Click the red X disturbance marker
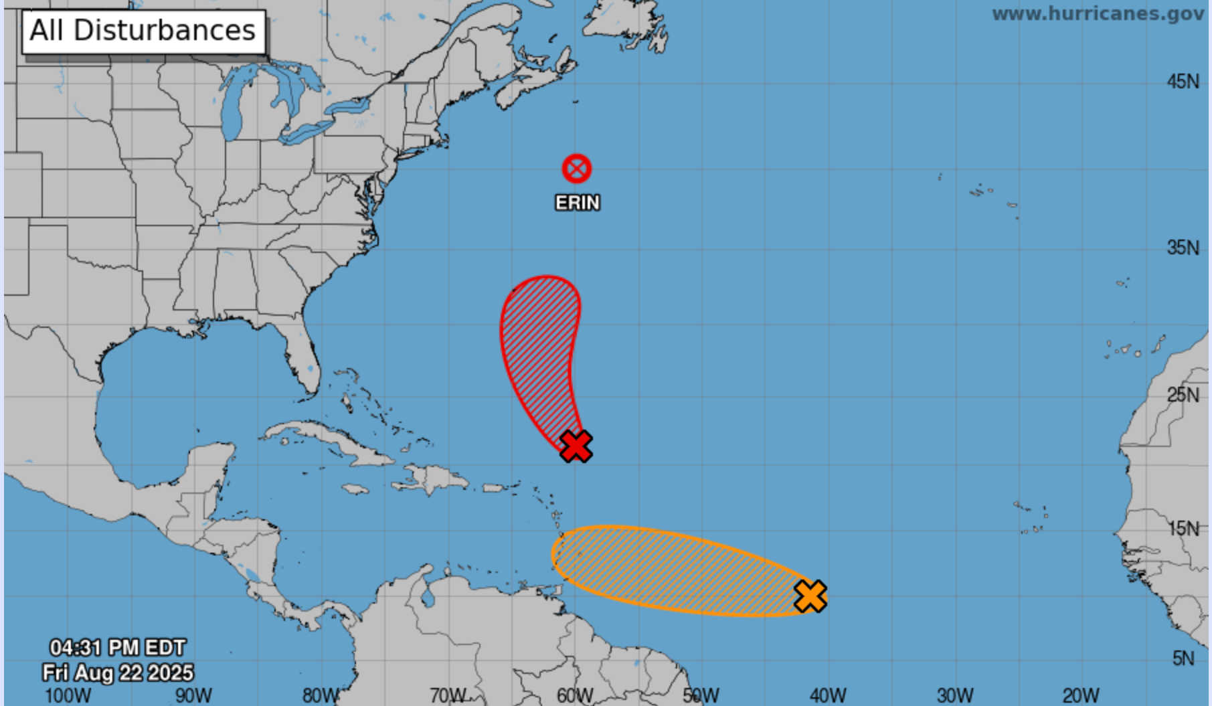coord(576,446)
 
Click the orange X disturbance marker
coord(810,596)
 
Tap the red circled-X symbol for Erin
coord(576,169)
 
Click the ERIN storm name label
coord(578,203)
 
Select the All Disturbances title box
coord(144,31)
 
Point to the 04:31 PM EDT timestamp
coord(118,648)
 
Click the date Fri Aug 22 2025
coord(118,672)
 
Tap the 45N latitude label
coord(1183,82)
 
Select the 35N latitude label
coord(1183,248)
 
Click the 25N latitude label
coord(1183,395)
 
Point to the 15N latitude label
coord(1183,529)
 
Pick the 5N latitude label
coord(1183,658)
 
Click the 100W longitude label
coord(67,695)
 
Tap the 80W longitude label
coord(321,695)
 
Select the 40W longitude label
coord(828,695)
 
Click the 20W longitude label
coord(1080,695)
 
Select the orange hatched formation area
coord(676,569)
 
